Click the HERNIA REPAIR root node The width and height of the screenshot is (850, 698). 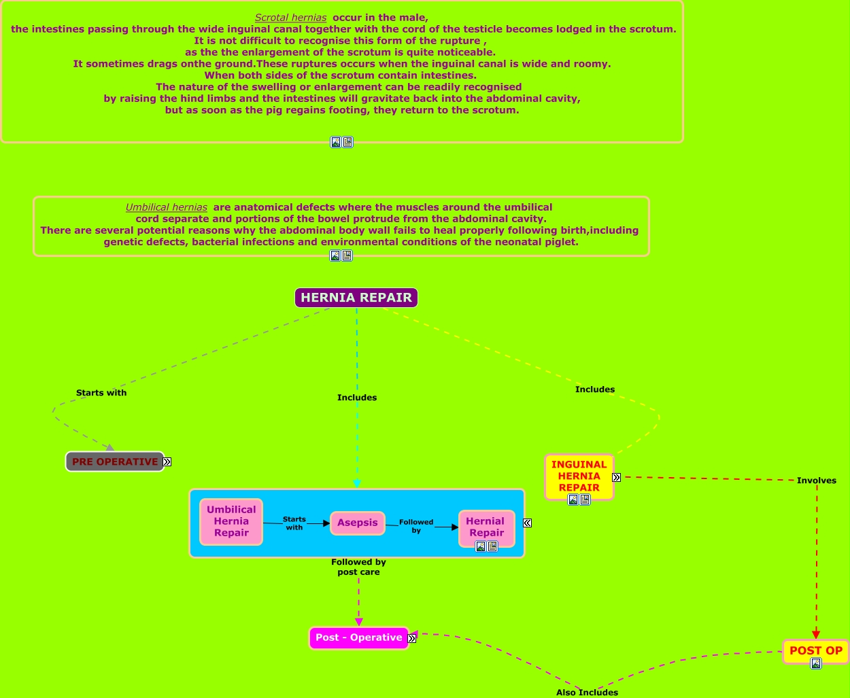[356, 298]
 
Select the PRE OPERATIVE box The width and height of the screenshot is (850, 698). [114, 461]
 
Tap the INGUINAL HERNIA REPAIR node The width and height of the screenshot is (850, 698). [579, 475]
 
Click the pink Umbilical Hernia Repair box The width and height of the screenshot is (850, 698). [231, 521]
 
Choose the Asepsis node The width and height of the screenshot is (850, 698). [358, 523]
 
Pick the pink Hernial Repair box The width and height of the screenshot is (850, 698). [486, 526]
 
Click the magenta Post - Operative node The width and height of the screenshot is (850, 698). [358, 638]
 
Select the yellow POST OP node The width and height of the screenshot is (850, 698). [815, 650]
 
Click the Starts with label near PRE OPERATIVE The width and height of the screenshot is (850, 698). [101, 393]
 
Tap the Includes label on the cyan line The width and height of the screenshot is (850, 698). [357, 398]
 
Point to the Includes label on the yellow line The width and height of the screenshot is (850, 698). [595, 389]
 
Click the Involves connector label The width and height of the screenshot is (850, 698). [817, 481]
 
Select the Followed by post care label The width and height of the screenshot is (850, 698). [358, 567]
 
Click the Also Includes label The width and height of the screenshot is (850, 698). [587, 693]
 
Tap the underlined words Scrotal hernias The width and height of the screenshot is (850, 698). [290, 18]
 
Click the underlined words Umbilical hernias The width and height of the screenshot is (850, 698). [166, 207]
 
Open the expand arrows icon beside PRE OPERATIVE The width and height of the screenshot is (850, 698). [167, 461]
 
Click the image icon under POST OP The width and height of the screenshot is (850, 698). [815, 663]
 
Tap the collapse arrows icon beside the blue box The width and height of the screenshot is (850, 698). [527, 523]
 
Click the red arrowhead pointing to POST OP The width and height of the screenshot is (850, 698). [816, 635]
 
